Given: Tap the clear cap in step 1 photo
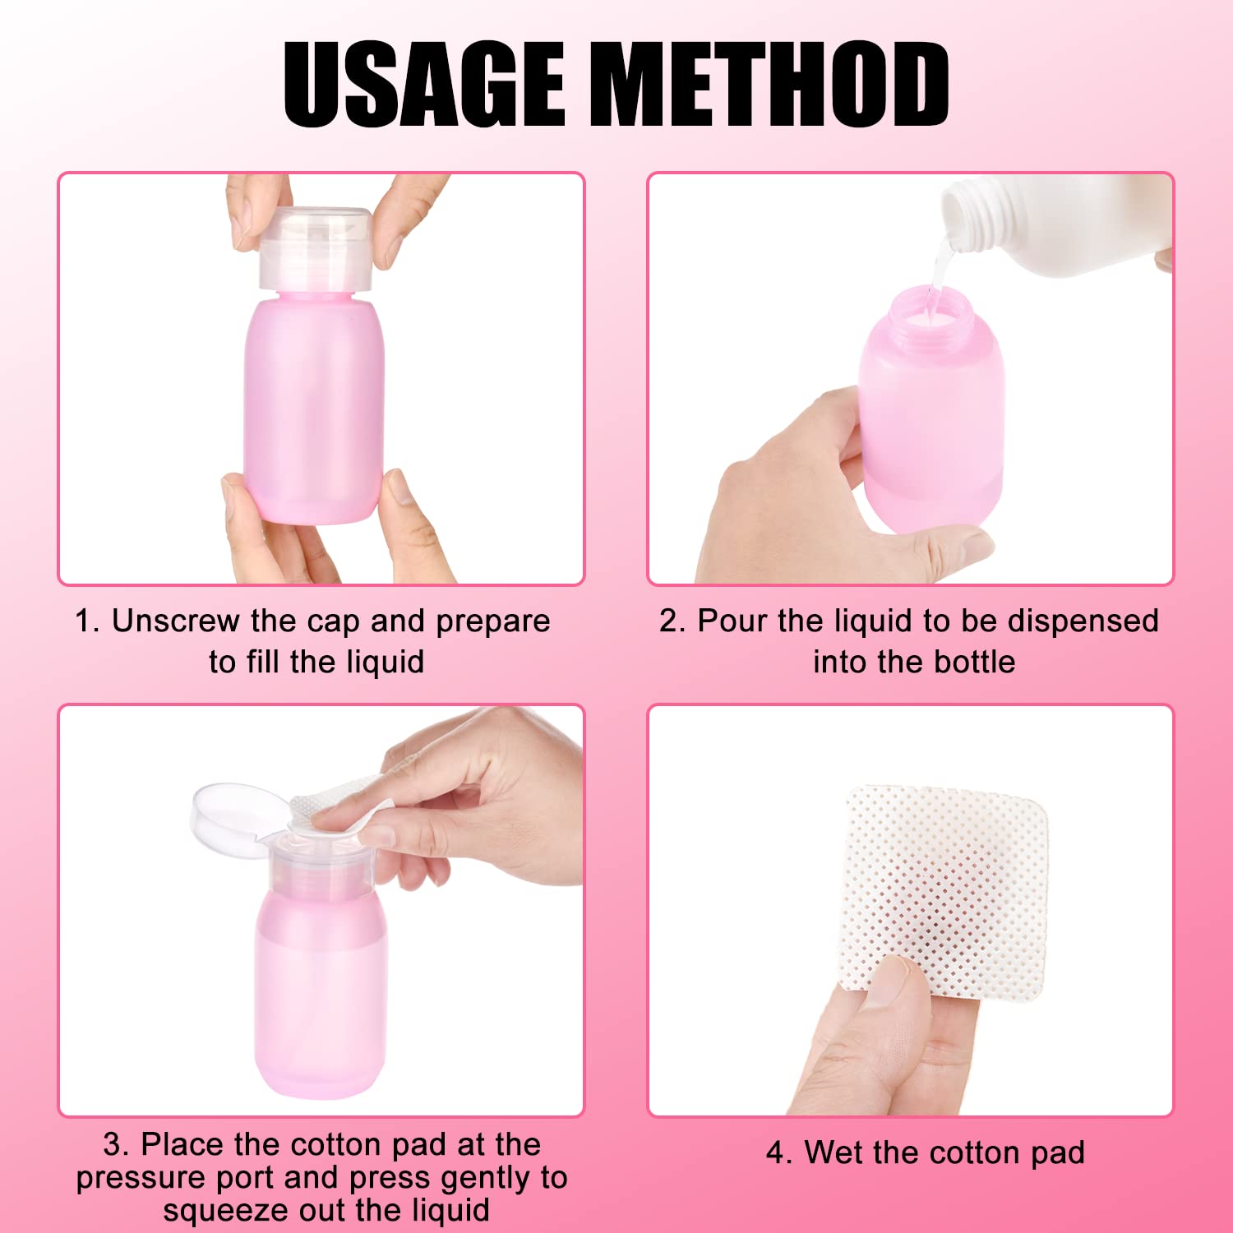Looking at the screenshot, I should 315,247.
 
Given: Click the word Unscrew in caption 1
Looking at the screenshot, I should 174,621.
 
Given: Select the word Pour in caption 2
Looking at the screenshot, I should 732,621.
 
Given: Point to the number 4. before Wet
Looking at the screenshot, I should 778,1152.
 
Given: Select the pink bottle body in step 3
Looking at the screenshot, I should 320,995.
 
